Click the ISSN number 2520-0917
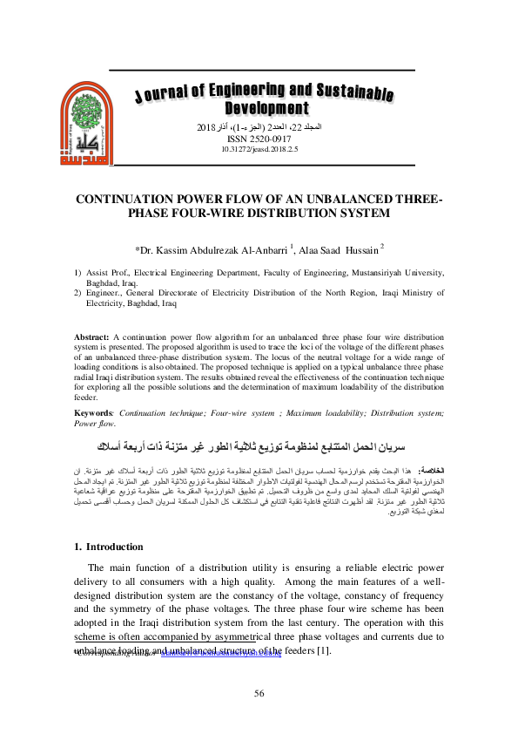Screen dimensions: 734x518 click(x=260, y=139)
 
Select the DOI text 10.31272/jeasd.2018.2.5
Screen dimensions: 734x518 click(x=260, y=149)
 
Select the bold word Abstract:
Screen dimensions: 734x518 click(x=91, y=336)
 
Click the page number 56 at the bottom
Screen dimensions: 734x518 click(x=259, y=693)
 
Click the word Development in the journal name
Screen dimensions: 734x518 click(x=266, y=109)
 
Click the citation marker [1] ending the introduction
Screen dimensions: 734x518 click(x=324, y=651)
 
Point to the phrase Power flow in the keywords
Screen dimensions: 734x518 click(x=94, y=424)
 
